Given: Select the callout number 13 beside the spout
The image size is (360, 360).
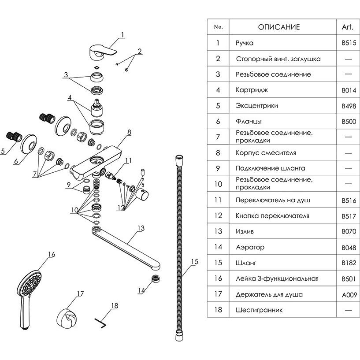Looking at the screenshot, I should click(141, 228).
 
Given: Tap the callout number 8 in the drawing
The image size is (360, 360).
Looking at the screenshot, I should click(129, 132).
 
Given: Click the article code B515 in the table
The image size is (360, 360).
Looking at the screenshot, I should click(348, 43).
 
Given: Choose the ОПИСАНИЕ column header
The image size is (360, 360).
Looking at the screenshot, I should click(278, 27).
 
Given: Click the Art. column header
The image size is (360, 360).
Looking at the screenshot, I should click(348, 27).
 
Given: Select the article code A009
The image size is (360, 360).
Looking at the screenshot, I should click(348, 294).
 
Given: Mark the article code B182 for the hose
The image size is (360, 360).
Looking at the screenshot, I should click(348, 263).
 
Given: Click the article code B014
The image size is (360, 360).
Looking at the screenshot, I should click(348, 90).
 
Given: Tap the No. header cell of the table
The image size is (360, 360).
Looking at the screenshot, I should click(218, 27).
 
